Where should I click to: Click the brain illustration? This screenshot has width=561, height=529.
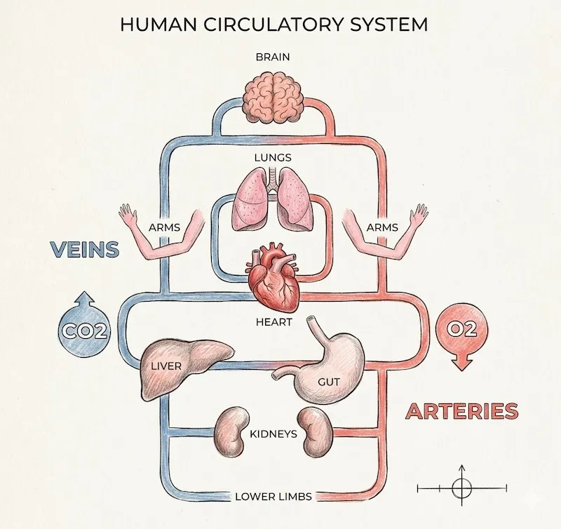[273, 100]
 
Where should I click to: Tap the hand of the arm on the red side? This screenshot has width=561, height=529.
[419, 214]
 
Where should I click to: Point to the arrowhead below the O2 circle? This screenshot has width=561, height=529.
[461, 363]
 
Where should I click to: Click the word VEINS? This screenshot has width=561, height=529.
[83, 249]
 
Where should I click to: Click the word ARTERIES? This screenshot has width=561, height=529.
[462, 411]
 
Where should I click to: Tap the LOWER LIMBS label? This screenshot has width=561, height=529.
[273, 496]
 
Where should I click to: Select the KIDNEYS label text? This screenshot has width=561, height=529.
[273, 434]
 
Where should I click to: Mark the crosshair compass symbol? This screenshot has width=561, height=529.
[461, 486]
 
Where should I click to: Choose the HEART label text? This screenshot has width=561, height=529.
[273, 323]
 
